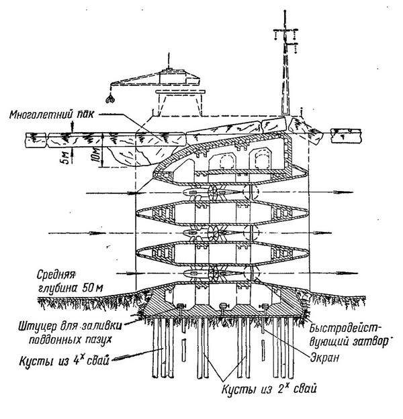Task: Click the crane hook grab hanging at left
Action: pos(115,99)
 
